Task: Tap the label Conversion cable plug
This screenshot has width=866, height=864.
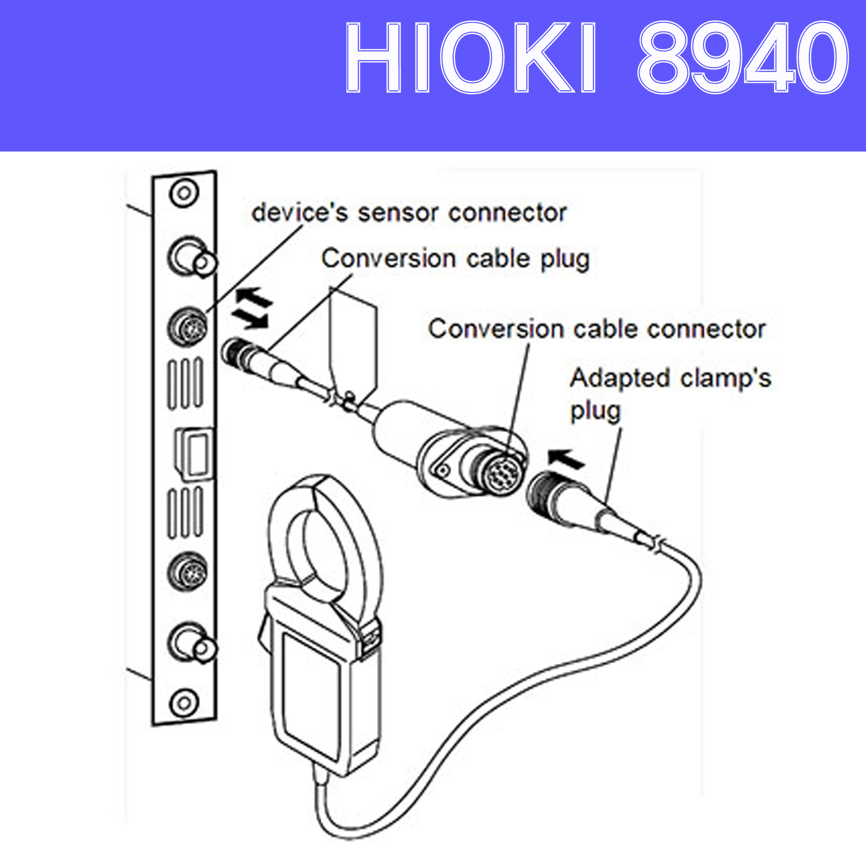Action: tap(455, 259)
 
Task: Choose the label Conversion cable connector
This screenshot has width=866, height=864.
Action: tap(596, 329)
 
